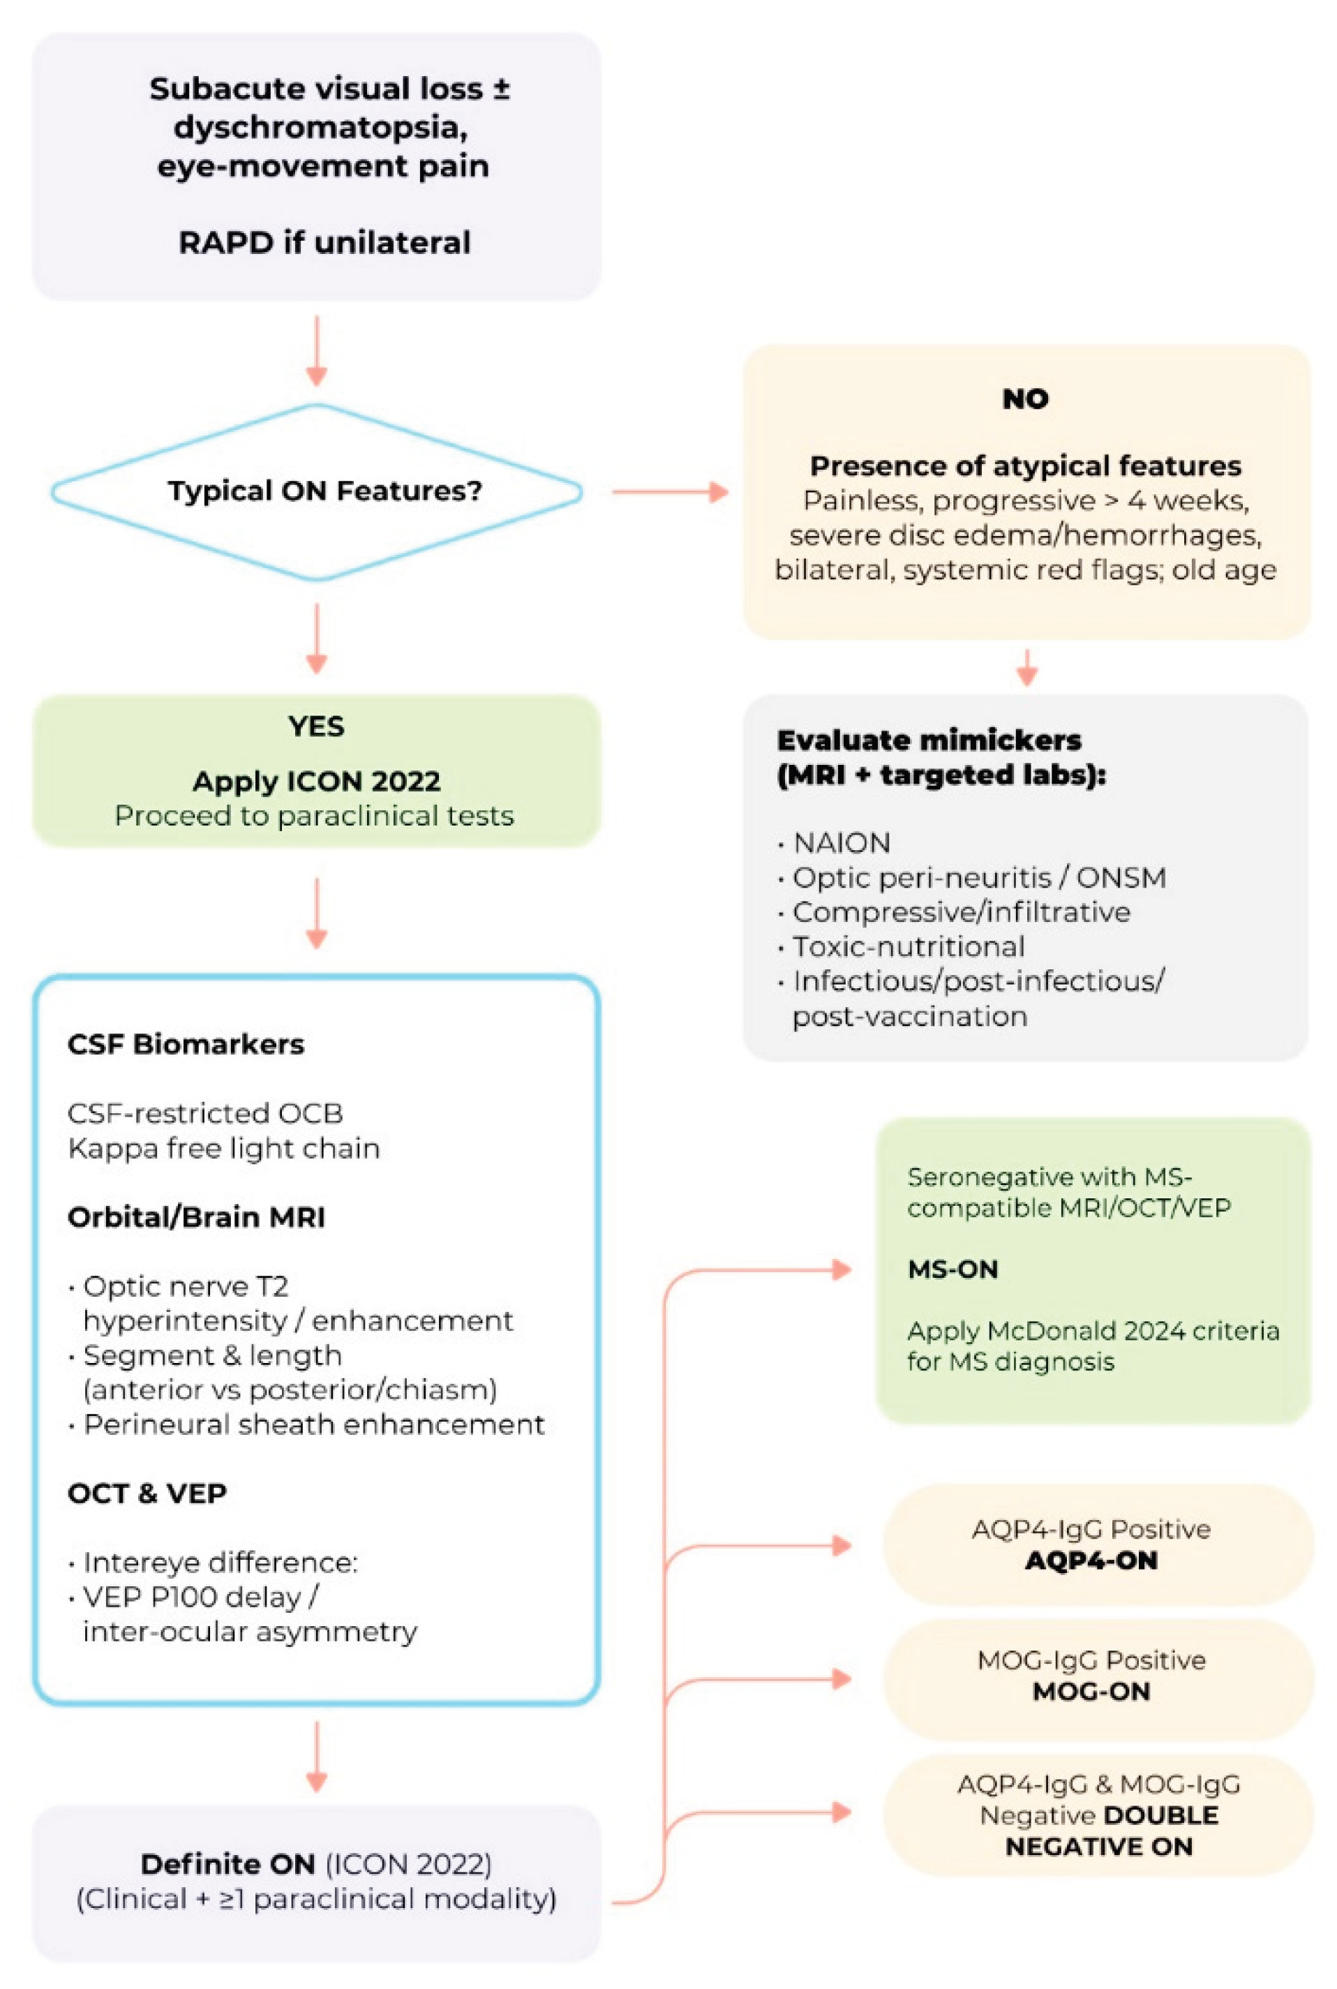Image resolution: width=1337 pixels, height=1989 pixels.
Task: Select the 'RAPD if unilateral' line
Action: tap(324, 243)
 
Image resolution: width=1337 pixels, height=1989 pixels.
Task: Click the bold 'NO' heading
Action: tap(1025, 399)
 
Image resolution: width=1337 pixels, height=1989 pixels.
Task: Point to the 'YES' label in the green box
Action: tap(316, 727)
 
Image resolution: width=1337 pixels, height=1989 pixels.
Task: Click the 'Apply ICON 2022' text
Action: tap(316, 781)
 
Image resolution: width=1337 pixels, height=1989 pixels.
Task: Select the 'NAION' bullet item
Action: tap(841, 843)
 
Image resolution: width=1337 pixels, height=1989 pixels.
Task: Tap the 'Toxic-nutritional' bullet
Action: tap(908, 947)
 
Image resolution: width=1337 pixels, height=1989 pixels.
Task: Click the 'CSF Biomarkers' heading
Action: tap(186, 1044)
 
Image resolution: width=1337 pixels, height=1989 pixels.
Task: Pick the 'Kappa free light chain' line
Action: tap(223, 1148)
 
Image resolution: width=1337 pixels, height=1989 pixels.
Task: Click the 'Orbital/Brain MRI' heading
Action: tap(196, 1217)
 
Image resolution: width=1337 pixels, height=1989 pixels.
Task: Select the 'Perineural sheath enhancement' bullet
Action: tap(314, 1424)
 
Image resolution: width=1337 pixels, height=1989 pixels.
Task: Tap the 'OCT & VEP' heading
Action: tap(147, 1493)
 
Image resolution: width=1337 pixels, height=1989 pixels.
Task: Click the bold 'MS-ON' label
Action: tap(953, 1269)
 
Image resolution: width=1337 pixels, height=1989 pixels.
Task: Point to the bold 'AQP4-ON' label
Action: tap(1091, 1561)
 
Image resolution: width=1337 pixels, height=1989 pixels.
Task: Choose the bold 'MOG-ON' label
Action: tap(1091, 1692)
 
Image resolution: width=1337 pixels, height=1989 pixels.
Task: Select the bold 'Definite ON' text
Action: tap(227, 1865)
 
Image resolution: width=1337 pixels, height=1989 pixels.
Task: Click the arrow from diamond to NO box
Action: tap(669, 492)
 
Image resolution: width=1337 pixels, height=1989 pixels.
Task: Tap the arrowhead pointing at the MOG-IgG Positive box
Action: tap(842, 1680)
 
